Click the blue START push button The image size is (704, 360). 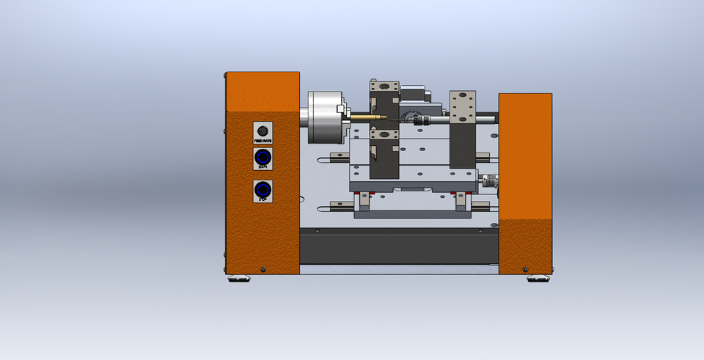[263, 157]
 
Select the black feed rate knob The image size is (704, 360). [263, 131]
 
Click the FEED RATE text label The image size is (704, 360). [263, 141]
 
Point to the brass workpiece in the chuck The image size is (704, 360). [367, 117]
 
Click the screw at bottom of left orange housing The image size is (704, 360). [263, 270]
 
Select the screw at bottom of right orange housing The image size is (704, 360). [525, 269]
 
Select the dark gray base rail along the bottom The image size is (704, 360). [399, 246]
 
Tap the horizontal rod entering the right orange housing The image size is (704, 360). [487, 117]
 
